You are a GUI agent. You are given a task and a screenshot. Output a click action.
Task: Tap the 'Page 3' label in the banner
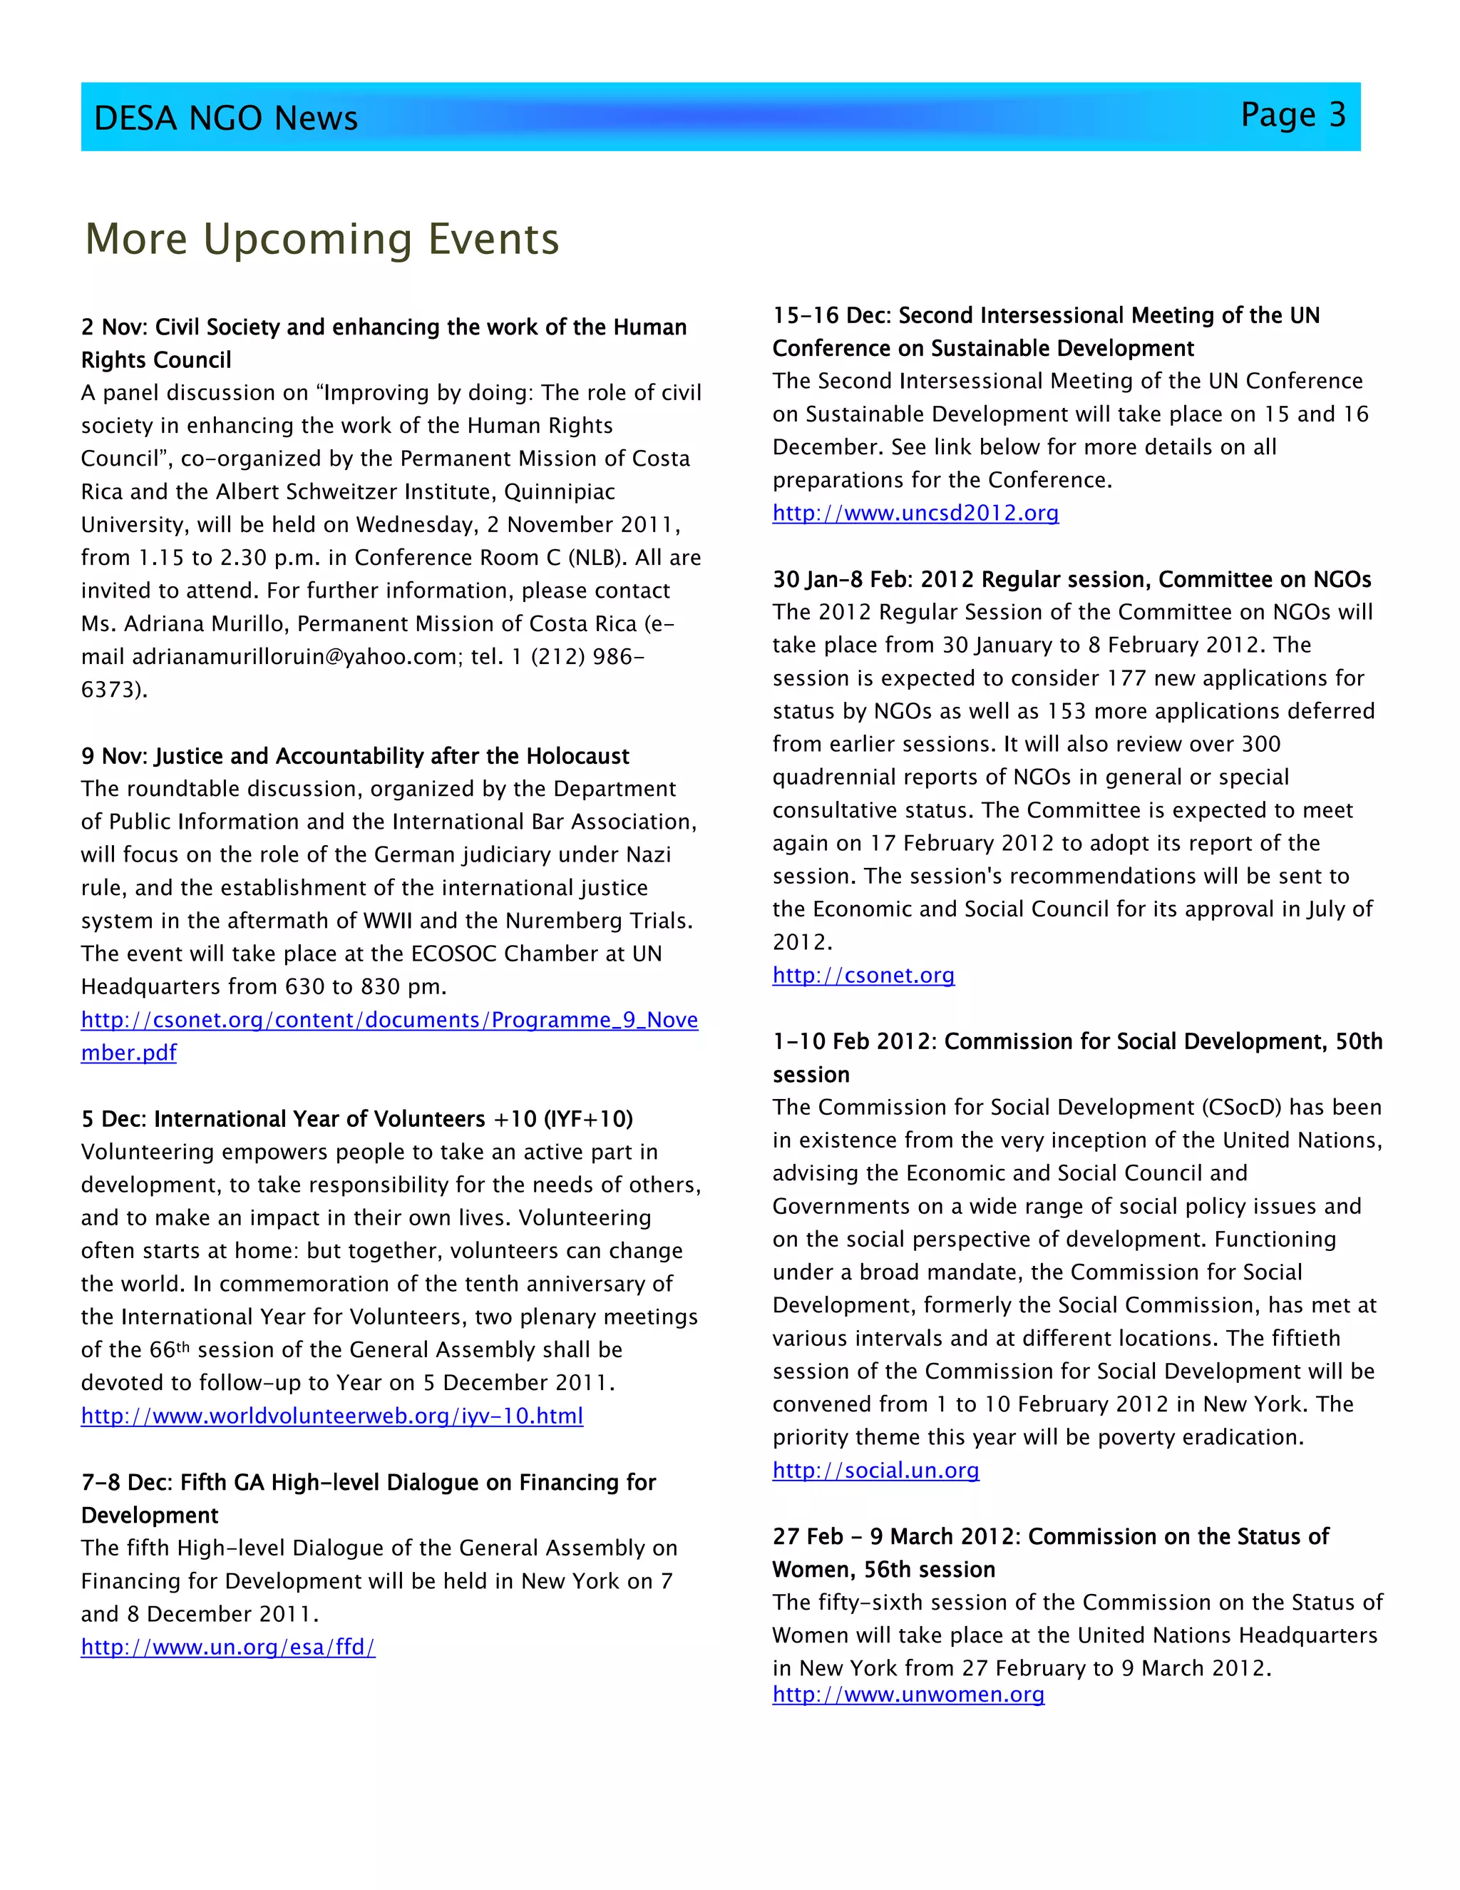tap(1292, 115)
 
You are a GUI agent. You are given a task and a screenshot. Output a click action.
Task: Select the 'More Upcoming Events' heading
tap(322, 239)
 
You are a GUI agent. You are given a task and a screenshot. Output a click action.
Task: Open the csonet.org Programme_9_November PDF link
tap(389, 1021)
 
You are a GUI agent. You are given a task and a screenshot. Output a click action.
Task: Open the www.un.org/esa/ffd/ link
tap(228, 1647)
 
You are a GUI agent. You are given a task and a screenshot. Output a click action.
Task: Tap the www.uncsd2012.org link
tap(915, 514)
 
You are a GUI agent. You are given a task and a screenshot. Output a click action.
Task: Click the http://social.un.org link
tap(875, 1471)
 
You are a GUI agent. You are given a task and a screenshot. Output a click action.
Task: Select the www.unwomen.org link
tap(908, 1695)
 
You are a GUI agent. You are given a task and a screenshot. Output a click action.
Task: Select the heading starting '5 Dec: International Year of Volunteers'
tap(356, 1119)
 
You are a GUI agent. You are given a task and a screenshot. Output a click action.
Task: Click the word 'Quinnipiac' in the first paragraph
tap(559, 492)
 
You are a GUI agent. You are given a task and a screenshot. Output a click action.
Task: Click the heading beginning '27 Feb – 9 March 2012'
tap(1050, 1537)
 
